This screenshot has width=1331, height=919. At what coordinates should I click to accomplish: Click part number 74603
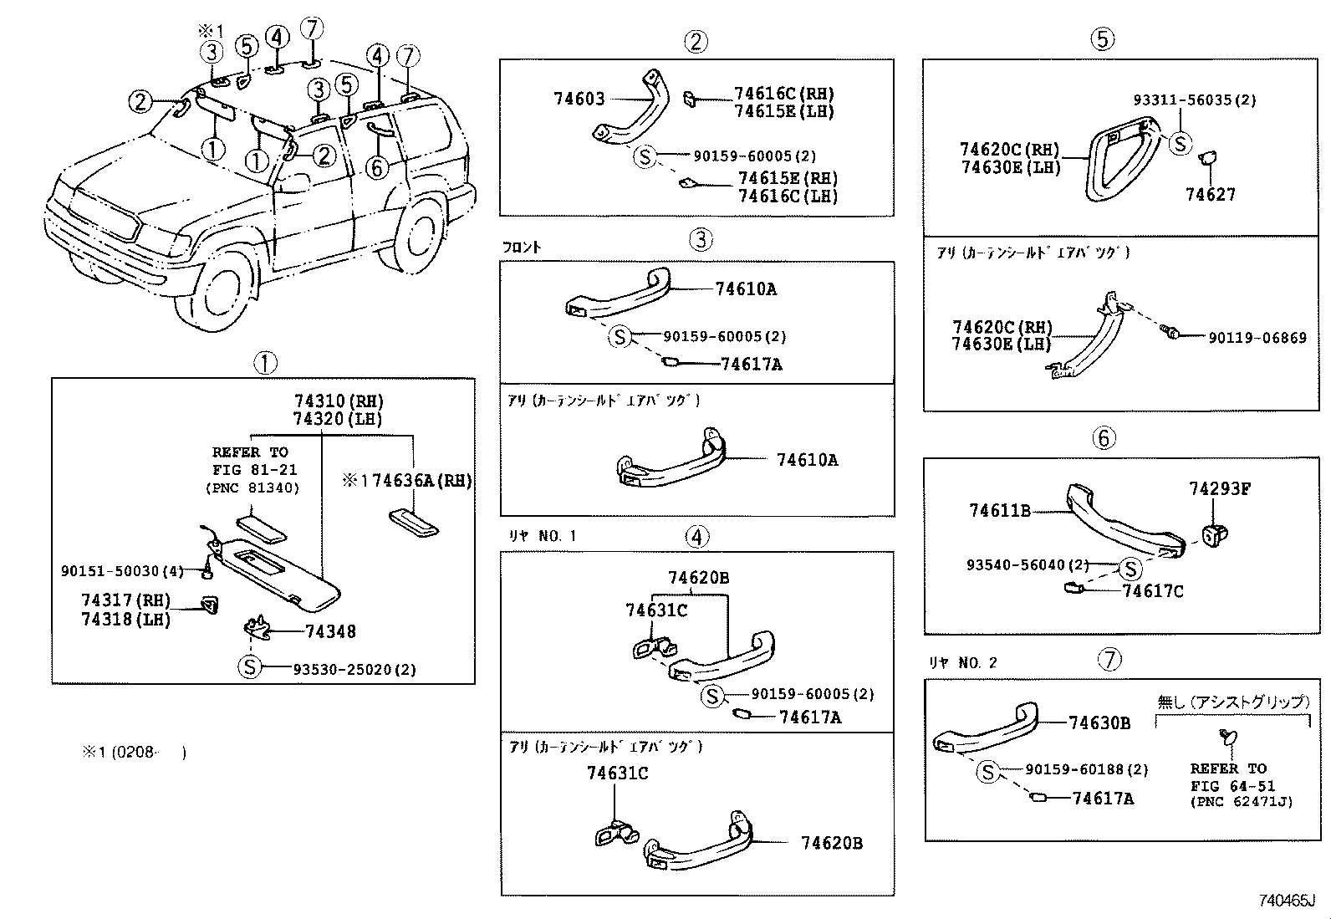[x=579, y=99]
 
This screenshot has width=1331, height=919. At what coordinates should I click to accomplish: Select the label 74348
[x=330, y=631]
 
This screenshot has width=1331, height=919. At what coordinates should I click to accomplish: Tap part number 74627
[x=1210, y=194]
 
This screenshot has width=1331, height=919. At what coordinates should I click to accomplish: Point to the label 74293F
[x=1219, y=488]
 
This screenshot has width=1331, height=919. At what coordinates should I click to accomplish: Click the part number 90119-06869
[x=1257, y=338]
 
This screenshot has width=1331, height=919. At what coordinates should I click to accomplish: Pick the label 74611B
[x=999, y=510]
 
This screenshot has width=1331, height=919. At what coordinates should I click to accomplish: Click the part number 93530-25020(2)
[x=354, y=670]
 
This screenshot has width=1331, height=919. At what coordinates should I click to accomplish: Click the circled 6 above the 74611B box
[x=1104, y=438]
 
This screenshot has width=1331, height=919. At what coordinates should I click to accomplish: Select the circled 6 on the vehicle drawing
[x=377, y=167]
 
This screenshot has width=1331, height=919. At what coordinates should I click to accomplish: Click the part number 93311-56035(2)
[x=1194, y=100]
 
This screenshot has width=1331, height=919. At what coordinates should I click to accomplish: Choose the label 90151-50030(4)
[x=122, y=570]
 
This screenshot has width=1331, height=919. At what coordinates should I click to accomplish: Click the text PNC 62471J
[x=1241, y=801]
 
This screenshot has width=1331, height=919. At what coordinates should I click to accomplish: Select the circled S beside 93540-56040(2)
[x=1130, y=569]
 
